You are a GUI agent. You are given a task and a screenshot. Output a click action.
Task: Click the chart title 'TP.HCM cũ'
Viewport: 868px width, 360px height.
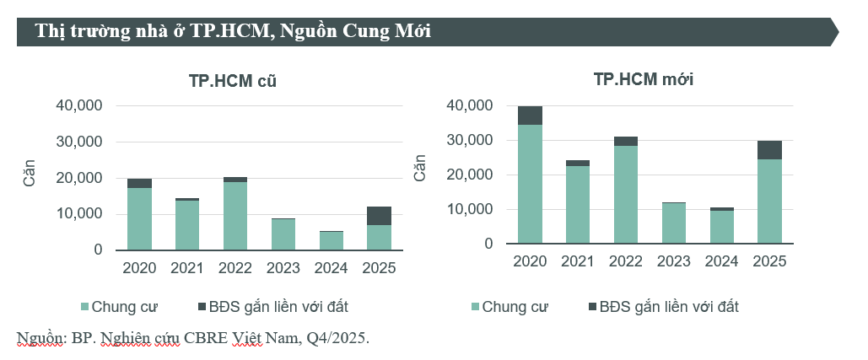[x=232, y=83]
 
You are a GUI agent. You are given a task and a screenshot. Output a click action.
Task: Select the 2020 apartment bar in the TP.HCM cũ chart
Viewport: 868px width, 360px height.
[x=139, y=218]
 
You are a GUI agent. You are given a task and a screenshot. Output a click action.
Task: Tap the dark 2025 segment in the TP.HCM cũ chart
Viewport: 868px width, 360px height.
[x=379, y=216]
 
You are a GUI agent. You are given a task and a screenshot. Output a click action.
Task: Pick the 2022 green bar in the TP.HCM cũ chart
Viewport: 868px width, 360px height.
[x=235, y=216]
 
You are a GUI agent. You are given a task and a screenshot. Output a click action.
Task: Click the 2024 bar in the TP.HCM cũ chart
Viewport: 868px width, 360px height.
[x=331, y=240]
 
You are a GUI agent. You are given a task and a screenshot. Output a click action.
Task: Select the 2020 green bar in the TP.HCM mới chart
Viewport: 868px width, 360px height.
[x=530, y=184]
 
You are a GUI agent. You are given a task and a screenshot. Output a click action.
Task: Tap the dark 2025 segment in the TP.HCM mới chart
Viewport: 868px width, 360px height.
[x=770, y=150]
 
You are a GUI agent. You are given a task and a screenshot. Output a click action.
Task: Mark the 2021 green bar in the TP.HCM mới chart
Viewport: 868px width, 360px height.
[x=578, y=205]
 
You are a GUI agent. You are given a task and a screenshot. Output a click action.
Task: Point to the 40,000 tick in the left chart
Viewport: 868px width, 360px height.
[x=78, y=106]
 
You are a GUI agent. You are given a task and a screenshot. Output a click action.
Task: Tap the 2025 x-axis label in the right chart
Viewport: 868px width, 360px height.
[x=769, y=261]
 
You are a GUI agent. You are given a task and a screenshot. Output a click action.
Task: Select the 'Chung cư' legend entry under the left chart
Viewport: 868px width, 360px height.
[x=118, y=306]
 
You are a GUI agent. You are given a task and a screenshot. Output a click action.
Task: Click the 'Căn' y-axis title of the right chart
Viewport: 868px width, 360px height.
[x=419, y=167]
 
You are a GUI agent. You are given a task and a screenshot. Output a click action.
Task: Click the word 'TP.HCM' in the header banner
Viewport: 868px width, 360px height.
[x=227, y=32]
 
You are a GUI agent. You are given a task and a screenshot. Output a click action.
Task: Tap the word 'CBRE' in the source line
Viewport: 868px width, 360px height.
[x=210, y=339]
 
